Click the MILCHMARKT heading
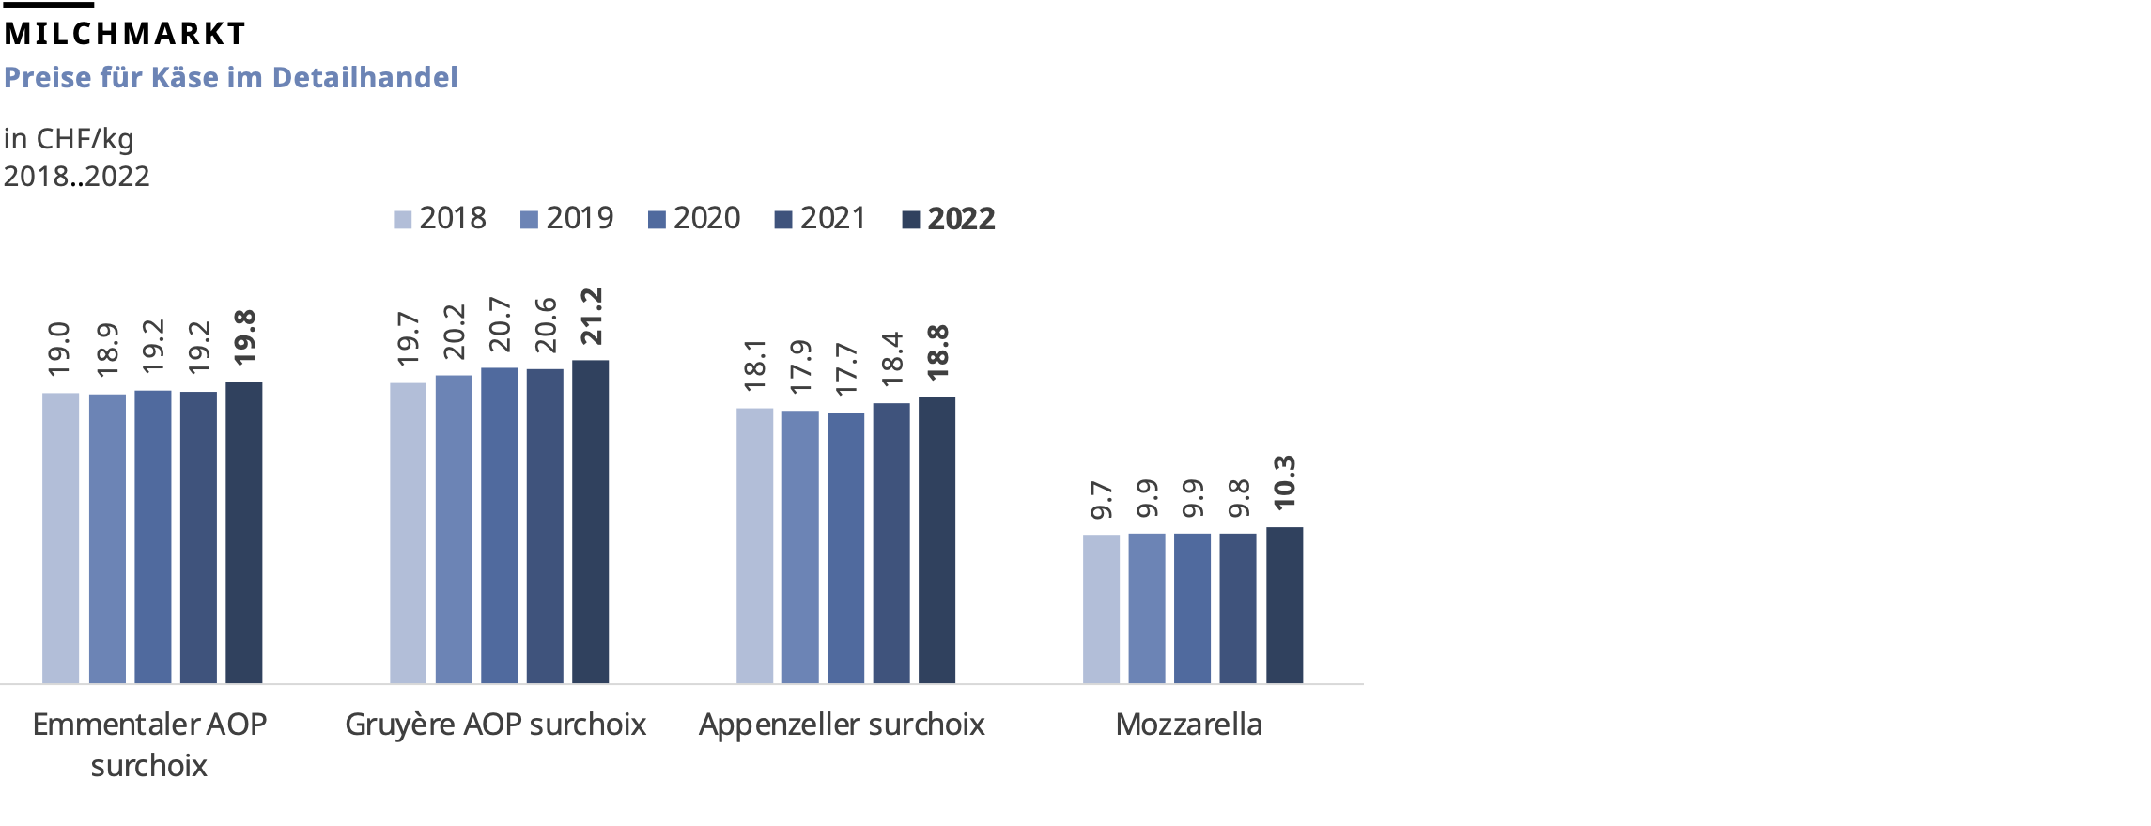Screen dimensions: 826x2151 click(124, 34)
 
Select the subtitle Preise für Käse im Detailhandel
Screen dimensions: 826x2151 click(230, 77)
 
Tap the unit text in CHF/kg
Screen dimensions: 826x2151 click(69, 139)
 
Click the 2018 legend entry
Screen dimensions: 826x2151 click(441, 219)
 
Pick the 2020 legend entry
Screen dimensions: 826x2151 click(694, 219)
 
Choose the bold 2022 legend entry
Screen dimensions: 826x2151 click(949, 219)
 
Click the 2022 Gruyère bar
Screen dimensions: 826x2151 click(590, 522)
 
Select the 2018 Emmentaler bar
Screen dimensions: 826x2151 click(61, 538)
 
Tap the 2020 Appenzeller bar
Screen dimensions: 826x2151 click(845, 548)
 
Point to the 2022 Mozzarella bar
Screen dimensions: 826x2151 click(1284, 605)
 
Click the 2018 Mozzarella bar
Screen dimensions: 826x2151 click(1101, 609)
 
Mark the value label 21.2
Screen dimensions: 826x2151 click(591, 317)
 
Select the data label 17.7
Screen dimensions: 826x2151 click(846, 368)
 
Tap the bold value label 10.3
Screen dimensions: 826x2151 click(1284, 483)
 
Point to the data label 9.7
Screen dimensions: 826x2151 click(1101, 500)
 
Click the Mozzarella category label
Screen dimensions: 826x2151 click(1188, 725)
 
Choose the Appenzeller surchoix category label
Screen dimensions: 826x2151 click(842, 725)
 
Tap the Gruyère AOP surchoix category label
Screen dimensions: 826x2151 click(495, 725)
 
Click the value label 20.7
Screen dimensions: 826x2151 click(499, 324)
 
